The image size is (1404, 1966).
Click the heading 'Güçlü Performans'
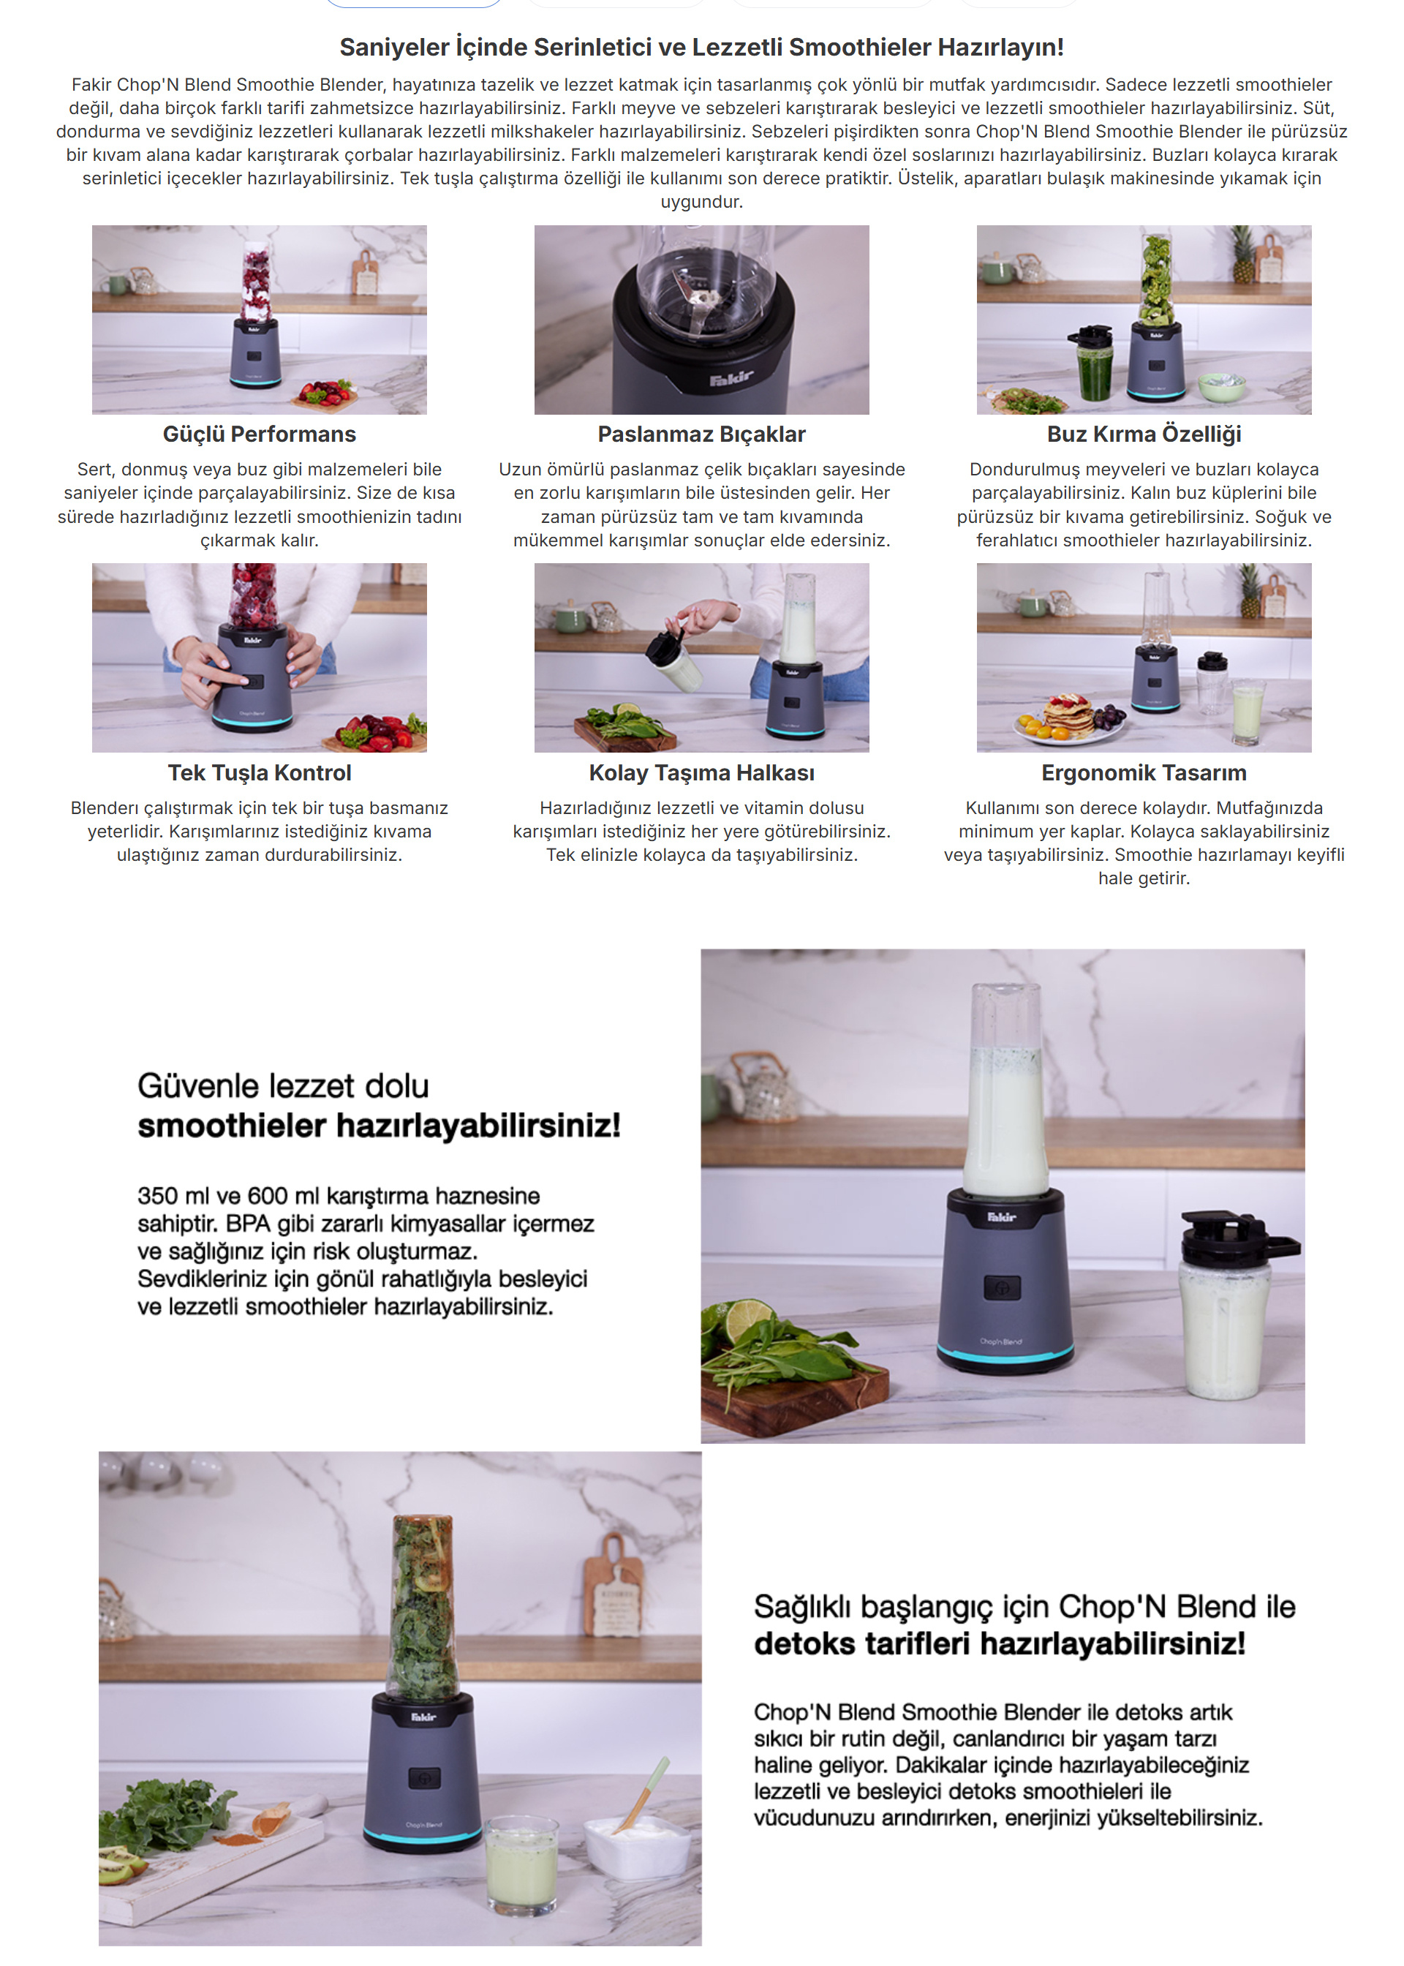click(260, 434)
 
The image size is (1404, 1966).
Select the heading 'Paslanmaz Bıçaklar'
click(701, 434)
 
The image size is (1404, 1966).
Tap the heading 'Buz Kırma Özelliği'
click(1144, 434)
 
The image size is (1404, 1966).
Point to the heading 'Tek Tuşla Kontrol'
click(260, 773)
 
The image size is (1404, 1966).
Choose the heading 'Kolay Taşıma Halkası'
click(701, 773)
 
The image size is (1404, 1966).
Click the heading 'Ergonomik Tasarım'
click(1144, 773)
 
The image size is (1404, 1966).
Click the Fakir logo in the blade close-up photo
click(731, 378)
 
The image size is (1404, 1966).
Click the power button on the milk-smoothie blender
click(1002, 1287)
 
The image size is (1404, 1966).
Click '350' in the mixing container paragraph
click(157, 1196)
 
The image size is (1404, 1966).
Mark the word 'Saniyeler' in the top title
click(393, 48)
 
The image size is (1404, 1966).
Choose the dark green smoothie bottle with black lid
click(1094, 363)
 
